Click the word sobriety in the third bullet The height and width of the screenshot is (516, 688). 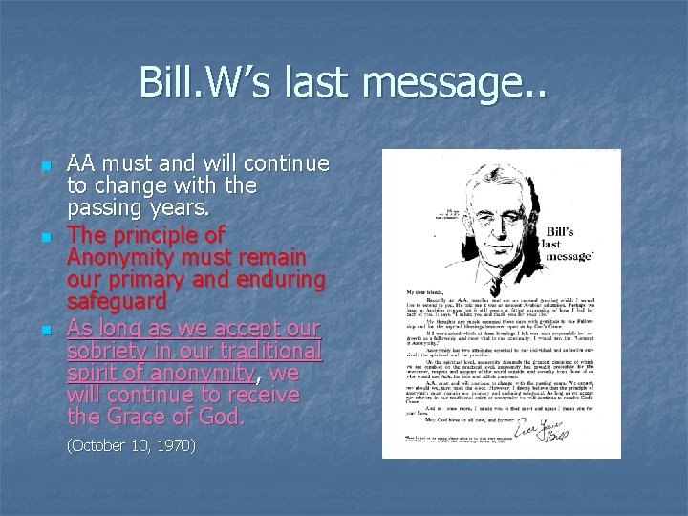[x=99, y=347]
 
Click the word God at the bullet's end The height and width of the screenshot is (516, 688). [x=222, y=415]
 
